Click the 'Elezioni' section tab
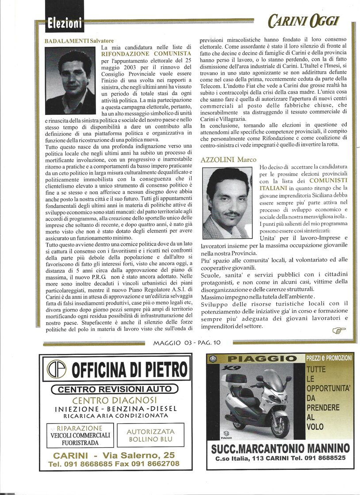[x=65, y=23]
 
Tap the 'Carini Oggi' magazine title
[x=303, y=20]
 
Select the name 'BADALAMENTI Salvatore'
[x=73, y=41]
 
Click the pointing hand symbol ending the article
[x=339, y=330]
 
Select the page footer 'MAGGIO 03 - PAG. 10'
[x=187, y=342]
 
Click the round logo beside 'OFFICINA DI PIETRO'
[x=57, y=369]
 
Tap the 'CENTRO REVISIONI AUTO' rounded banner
[x=115, y=389]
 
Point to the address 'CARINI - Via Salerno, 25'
[x=114, y=455]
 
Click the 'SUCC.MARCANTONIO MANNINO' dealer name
[x=280, y=448]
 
